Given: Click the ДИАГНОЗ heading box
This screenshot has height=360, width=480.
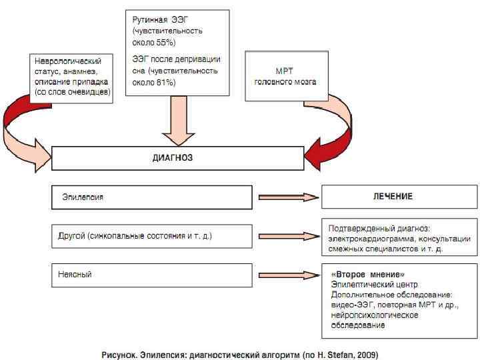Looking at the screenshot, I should click(x=177, y=159).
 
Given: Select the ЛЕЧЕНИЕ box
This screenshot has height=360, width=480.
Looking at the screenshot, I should click(x=392, y=197).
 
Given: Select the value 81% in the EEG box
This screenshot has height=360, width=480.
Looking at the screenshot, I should click(x=165, y=82).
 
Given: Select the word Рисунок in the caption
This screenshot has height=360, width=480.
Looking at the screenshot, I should click(x=118, y=352).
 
